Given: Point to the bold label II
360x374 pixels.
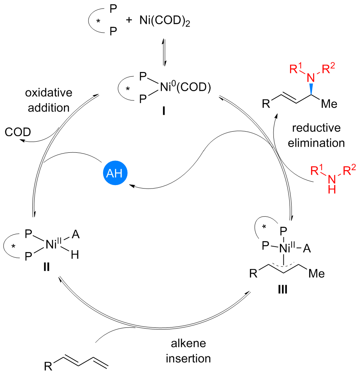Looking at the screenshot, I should point(47,267).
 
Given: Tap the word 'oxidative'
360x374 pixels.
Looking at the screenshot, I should point(48,94).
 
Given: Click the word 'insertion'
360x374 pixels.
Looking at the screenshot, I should point(188,359).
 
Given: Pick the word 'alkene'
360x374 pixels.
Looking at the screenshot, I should point(188,344).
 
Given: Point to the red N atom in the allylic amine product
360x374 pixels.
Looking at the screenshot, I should point(313,77).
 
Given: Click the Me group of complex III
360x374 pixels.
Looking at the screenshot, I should point(317,274).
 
